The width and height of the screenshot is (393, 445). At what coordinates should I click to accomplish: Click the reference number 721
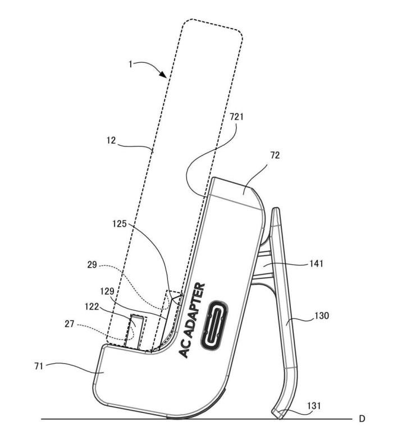point(236,117)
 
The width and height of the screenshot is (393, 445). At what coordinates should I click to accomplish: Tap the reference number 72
point(275,155)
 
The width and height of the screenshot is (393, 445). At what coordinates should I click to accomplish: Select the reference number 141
point(316,264)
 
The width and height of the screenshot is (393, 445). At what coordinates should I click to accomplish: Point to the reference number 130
point(322,315)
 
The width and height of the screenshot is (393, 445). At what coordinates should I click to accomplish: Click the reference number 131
point(314,406)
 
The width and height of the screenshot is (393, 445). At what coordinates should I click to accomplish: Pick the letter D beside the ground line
point(362,419)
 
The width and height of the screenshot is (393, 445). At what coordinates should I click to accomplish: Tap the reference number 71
point(39,366)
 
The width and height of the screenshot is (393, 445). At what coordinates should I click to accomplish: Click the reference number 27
point(70,324)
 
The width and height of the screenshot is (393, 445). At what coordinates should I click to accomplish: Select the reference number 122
point(92,307)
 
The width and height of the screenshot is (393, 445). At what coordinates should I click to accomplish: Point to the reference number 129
point(107,291)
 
